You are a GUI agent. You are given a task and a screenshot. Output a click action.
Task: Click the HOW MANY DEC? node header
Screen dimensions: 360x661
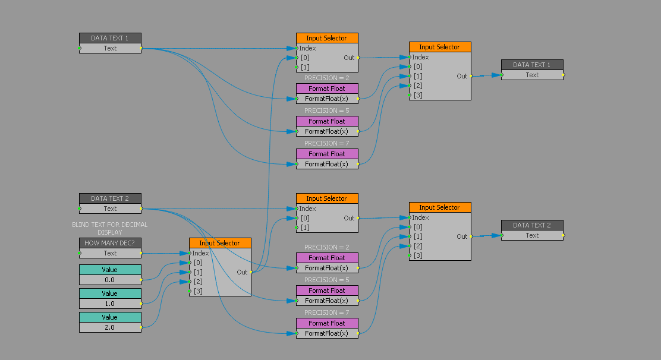pos(110,243)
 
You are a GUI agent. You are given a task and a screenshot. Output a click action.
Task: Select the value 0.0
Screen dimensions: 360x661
pos(110,280)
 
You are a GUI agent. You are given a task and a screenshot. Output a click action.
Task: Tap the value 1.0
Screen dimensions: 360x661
pos(110,304)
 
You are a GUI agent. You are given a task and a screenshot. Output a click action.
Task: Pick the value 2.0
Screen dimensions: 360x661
pos(110,327)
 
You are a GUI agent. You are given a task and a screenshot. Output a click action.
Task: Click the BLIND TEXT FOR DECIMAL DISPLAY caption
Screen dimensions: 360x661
pos(110,229)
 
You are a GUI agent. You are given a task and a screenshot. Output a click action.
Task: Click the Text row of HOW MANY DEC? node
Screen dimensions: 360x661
pos(110,253)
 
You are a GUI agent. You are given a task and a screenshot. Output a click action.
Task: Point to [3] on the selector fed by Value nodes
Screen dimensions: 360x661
pos(198,291)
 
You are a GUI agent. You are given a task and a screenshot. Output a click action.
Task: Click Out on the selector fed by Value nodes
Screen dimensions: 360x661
pos(242,272)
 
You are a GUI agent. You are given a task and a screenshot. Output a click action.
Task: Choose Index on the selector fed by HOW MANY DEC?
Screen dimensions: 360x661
pos(200,253)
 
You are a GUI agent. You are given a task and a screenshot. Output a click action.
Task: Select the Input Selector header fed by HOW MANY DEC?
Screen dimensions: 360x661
pos(220,243)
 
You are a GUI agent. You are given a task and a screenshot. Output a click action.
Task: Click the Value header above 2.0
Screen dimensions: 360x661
pos(110,317)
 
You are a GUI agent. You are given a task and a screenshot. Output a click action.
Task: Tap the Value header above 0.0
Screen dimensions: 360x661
pos(110,270)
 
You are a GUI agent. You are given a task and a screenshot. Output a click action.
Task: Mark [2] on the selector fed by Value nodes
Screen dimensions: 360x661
pos(198,282)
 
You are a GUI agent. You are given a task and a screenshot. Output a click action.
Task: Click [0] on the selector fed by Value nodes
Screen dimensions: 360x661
pos(198,263)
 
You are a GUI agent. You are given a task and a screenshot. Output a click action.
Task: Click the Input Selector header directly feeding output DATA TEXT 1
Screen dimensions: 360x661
pos(440,47)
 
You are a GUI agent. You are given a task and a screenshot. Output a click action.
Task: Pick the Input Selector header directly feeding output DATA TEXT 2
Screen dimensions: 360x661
pos(440,207)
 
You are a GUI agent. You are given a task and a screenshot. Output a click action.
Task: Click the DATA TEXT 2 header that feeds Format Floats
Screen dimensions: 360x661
pos(110,198)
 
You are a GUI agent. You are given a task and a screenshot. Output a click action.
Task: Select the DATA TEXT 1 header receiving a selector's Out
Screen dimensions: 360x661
pos(532,65)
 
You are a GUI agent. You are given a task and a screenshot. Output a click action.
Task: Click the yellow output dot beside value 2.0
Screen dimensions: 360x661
pos(141,327)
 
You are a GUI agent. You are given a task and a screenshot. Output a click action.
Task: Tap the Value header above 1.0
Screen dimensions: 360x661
pos(110,293)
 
